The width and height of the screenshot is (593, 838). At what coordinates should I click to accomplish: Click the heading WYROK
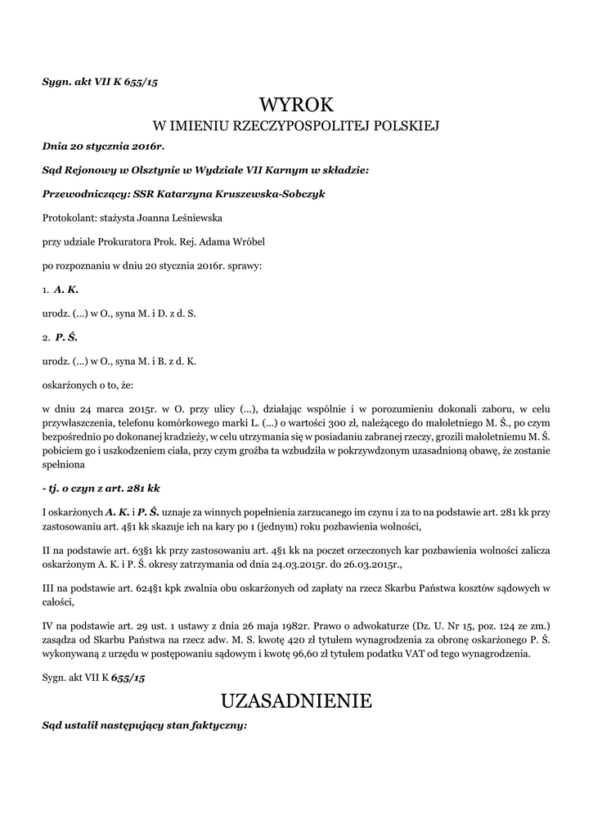coord(297,105)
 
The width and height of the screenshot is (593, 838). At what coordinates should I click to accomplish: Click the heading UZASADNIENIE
coord(296,701)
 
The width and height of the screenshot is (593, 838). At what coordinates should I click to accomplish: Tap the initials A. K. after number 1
coord(66,289)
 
